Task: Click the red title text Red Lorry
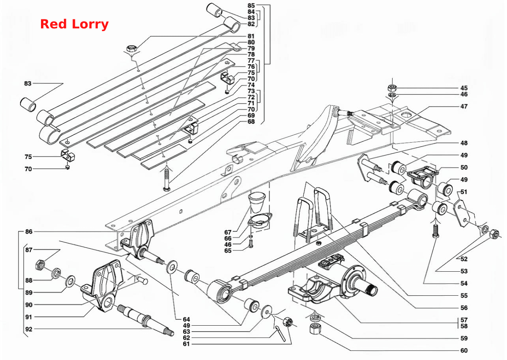click(74, 24)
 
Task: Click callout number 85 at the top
click(251, 6)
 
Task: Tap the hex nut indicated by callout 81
click(131, 49)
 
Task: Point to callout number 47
click(464, 106)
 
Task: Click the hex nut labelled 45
click(392, 87)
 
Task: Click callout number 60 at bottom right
click(464, 350)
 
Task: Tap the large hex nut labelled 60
click(315, 328)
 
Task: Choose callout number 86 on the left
click(29, 231)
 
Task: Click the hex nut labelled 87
click(40, 265)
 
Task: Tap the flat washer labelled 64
click(172, 267)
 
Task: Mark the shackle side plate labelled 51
click(462, 213)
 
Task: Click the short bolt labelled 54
click(436, 231)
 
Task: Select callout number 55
click(464, 295)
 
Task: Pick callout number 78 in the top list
click(251, 54)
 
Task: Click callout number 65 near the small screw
click(228, 250)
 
